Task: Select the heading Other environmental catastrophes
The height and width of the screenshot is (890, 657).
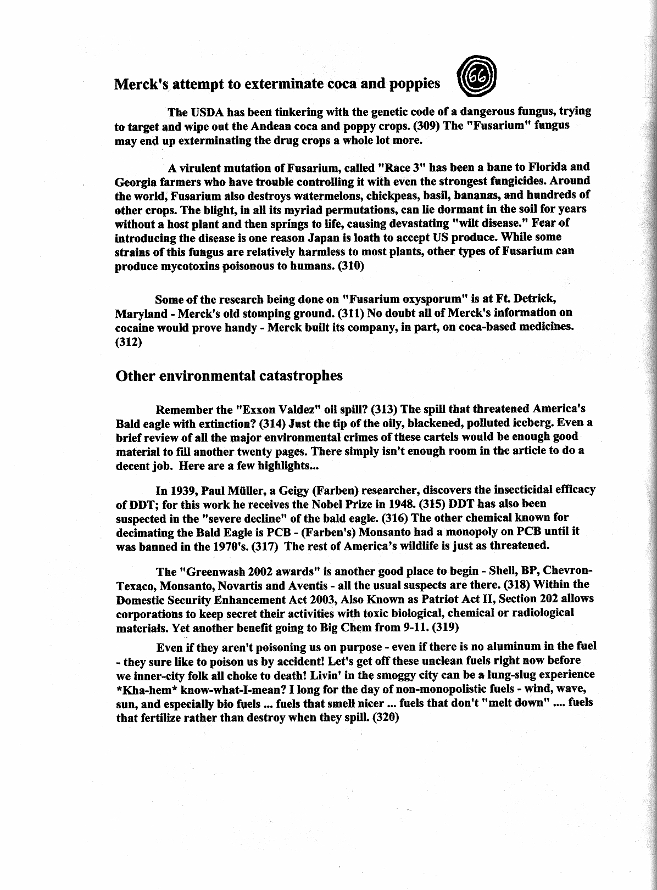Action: coord(229,376)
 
